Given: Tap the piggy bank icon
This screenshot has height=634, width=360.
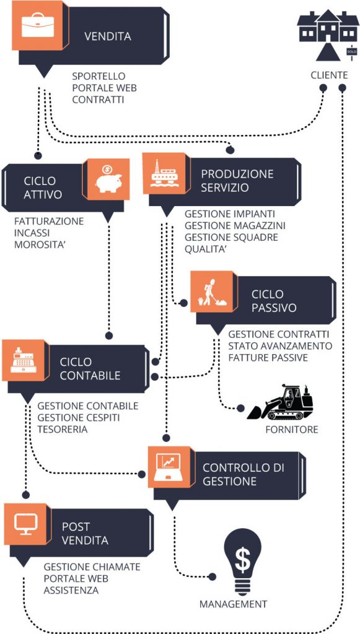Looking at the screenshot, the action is (108, 178).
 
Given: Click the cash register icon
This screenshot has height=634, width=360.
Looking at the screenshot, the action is (23, 360).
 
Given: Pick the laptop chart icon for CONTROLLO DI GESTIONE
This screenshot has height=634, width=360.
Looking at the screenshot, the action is (169, 467).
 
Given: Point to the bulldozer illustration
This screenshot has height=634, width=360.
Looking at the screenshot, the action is (280, 402).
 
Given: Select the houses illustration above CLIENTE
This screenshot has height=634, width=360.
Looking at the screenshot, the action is (328, 35).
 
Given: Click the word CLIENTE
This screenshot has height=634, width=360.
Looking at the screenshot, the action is (329, 75).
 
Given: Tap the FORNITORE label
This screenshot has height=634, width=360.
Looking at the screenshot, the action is (292, 430).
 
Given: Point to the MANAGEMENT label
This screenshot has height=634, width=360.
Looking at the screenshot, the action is (234, 604).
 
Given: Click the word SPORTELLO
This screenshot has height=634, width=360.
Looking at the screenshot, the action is (99, 76).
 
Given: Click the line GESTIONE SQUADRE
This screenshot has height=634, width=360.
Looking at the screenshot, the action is (231, 237).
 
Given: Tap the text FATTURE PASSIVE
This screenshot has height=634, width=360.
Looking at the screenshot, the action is (268, 358).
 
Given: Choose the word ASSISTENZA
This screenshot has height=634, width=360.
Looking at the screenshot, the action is (71, 590).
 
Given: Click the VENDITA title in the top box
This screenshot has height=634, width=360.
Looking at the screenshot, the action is (108, 37).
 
